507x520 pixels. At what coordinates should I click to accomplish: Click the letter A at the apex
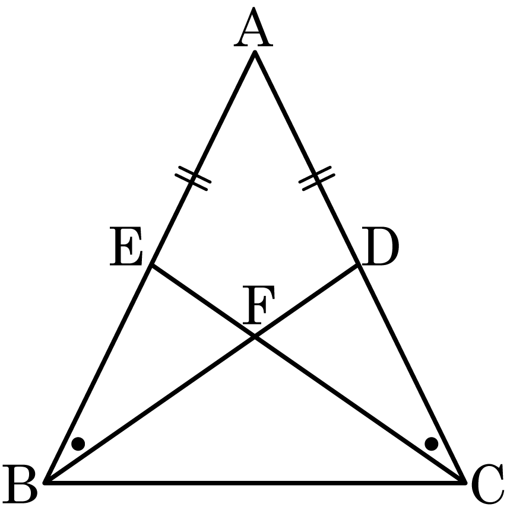pyautogui.click(x=253, y=27)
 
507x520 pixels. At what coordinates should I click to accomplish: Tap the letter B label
pyautogui.click(x=20, y=484)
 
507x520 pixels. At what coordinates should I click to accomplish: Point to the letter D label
pyautogui.click(x=380, y=246)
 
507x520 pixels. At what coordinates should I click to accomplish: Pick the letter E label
pyautogui.click(x=126, y=246)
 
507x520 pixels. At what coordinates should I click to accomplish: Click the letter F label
pyautogui.click(x=258, y=304)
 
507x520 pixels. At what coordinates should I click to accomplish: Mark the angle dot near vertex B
pyautogui.click(x=78, y=444)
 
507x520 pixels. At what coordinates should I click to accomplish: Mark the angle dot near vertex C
pyautogui.click(x=431, y=444)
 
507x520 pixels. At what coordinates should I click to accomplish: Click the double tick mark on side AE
pyautogui.click(x=193, y=178)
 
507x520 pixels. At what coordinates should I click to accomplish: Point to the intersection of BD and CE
pyautogui.click(x=255, y=337)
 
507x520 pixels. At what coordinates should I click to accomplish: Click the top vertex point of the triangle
pyautogui.click(x=255, y=52)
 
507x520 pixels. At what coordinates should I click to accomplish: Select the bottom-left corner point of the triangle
pyautogui.click(x=46, y=483)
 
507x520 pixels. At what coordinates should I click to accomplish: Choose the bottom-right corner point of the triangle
pyautogui.click(x=464, y=483)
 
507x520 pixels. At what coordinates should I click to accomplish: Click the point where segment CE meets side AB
pyautogui.click(x=152, y=264)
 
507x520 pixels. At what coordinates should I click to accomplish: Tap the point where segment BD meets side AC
pyautogui.click(x=358, y=264)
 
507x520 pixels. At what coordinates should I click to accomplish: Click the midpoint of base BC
pyautogui.click(x=255, y=483)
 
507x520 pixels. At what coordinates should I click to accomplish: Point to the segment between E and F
pyautogui.click(x=203, y=301)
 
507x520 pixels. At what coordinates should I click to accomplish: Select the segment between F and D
pyautogui.click(x=306, y=301)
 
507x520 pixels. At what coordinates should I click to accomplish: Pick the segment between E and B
pyautogui.click(x=99, y=374)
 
